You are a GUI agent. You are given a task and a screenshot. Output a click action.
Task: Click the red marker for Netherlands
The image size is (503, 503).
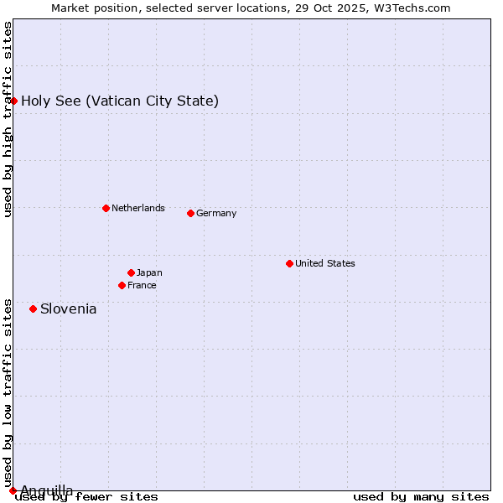click(106, 208)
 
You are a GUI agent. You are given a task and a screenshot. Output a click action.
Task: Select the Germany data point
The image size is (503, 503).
click(190, 213)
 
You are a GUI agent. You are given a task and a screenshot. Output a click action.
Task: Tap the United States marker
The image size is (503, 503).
click(289, 263)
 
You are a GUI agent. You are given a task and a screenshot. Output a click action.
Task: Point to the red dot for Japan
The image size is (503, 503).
click(131, 272)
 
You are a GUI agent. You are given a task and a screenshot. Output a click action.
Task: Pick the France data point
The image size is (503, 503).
click(122, 285)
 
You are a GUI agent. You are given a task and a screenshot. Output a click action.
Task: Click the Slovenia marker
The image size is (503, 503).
click(33, 309)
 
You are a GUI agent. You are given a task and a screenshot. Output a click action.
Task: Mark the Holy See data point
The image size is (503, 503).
click(13, 101)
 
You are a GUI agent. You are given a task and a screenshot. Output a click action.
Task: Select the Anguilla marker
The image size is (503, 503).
click(13, 490)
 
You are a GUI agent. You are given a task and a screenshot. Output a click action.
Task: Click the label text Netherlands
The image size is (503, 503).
click(138, 208)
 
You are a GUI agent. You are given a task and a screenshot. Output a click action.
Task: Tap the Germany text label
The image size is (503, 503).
click(216, 213)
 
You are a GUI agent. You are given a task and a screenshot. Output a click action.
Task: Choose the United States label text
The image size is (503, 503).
click(325, 263)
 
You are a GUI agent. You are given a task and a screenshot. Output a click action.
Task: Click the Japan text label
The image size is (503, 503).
click(149, 272)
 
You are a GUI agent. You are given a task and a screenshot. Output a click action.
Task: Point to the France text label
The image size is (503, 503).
click(142, 285)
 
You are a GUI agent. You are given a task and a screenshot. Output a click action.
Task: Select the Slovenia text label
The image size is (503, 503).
click(69, 309)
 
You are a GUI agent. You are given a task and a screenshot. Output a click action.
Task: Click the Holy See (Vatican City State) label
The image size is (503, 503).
click(120, 101)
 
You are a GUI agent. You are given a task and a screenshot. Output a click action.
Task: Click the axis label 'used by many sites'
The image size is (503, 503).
click(421, 496)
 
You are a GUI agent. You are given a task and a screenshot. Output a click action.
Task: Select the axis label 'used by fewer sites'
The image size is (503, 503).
click(87, 496)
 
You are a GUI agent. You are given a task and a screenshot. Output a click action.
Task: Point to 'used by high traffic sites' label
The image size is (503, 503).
click(8, 119)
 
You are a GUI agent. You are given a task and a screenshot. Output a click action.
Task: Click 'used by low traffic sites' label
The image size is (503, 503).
click(8, 386)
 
